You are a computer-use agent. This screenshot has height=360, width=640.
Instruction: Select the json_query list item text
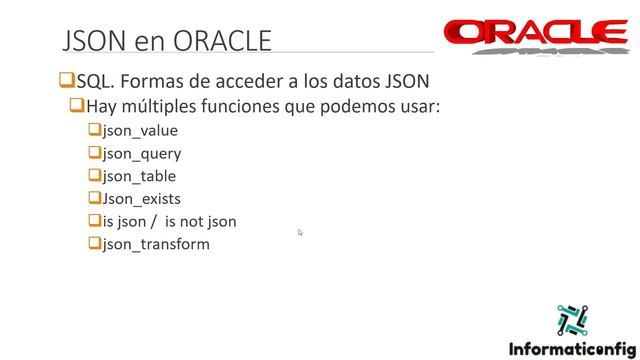[141, 154]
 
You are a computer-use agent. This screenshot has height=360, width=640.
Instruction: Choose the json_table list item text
[138, 176]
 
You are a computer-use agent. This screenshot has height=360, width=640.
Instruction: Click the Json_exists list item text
[141, 199]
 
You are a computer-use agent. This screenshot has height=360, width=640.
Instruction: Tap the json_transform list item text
[156, 244]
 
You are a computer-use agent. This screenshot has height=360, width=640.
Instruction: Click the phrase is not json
[201, 221]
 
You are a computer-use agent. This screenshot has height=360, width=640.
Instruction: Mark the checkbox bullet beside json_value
[93, 130]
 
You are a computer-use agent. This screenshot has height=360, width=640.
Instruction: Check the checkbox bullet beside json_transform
[93, 243]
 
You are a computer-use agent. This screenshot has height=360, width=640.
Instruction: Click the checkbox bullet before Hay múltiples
[76, 106]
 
